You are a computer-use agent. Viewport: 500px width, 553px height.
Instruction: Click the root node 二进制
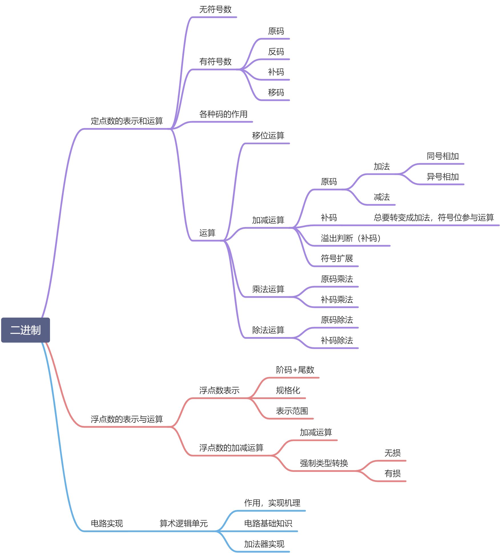(25, 330)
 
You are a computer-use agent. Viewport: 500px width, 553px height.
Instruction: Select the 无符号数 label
(215, 10)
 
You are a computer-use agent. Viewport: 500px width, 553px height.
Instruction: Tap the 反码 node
(276, 52)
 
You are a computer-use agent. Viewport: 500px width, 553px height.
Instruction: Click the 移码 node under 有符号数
(276, 93)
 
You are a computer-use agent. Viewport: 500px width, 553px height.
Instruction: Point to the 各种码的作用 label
(223, 114)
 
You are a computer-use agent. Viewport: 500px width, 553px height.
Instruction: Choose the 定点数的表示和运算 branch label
(127, 121)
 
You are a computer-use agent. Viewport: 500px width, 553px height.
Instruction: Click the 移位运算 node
(268, 136)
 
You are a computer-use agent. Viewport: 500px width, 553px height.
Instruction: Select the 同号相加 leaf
(443, 156)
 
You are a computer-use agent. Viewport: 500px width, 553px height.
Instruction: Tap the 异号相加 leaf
(443, 177)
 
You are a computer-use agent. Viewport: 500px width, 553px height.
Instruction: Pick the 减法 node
(382, 197)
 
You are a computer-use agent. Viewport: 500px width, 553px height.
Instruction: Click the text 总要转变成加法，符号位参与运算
(434, 218)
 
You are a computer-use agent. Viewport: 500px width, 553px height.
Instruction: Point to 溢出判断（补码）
(351, 238)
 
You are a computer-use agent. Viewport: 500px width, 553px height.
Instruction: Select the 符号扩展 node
(337, 259)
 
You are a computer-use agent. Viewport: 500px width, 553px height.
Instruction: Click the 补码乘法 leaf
(337, 300)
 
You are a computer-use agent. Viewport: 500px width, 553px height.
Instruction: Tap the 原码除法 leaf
(337, 320)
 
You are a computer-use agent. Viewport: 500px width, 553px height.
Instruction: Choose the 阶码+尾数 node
(295, 370)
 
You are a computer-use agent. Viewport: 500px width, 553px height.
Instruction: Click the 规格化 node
(288, 390)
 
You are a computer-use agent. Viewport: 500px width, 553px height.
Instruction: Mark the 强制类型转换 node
(324, 463)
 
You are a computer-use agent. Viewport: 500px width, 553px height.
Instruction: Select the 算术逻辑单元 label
(184, 524)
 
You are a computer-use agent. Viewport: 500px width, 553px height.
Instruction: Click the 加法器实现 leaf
(264, 544)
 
